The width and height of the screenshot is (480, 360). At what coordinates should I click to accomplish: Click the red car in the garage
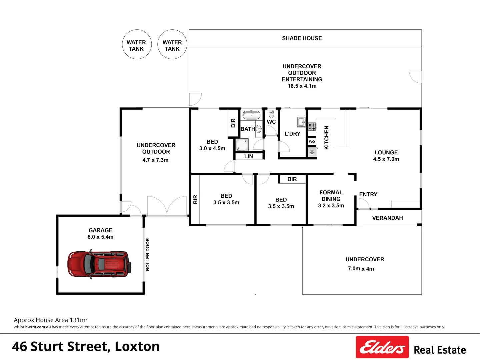99,264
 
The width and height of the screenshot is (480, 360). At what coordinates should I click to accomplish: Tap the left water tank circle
136,45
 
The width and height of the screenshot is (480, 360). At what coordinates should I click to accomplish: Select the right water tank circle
172,45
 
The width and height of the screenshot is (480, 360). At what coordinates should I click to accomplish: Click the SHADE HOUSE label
302,38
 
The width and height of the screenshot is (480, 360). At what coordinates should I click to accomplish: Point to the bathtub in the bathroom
251,115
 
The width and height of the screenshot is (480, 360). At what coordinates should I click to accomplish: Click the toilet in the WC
271,114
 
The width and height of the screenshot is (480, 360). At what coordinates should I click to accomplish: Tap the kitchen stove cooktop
312,127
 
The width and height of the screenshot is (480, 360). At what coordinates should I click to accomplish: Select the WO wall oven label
312,142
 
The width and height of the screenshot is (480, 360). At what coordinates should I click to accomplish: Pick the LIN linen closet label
249,156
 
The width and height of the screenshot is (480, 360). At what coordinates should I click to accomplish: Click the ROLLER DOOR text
148,254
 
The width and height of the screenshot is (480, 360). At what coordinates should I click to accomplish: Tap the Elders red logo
382,347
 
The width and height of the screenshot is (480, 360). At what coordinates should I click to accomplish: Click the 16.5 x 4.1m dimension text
302,86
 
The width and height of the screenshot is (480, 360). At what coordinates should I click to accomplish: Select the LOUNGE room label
386,152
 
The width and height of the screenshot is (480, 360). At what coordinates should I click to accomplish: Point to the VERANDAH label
387,218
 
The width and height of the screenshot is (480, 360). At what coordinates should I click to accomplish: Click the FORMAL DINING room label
331,196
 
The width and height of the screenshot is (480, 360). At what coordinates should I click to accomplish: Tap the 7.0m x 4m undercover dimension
361,269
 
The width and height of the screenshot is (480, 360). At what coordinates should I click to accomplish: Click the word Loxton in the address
137,347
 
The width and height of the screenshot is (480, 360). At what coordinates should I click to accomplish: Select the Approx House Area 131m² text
51,320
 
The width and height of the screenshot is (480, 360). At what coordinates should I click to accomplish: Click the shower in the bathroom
242,145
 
